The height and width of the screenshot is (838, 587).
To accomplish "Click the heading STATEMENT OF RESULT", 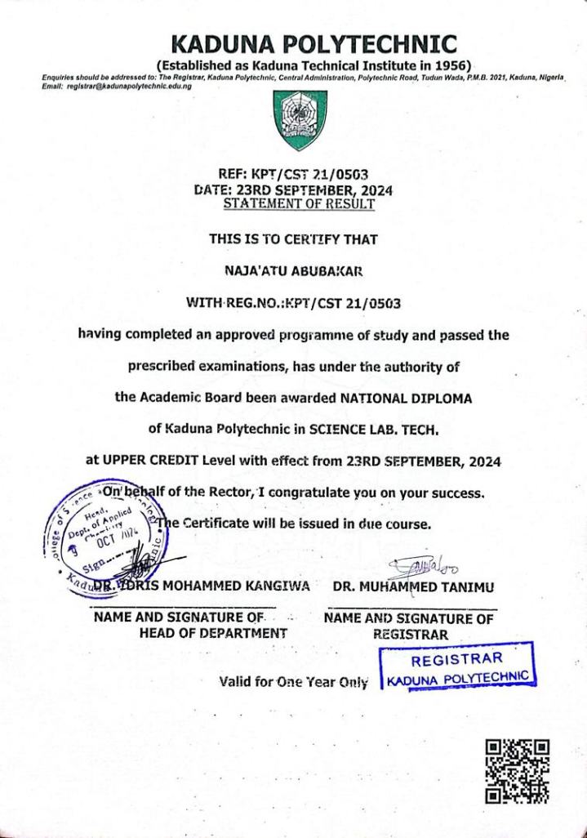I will (x=299, y=203).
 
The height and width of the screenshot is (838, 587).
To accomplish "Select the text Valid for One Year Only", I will (x=294, y=682).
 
